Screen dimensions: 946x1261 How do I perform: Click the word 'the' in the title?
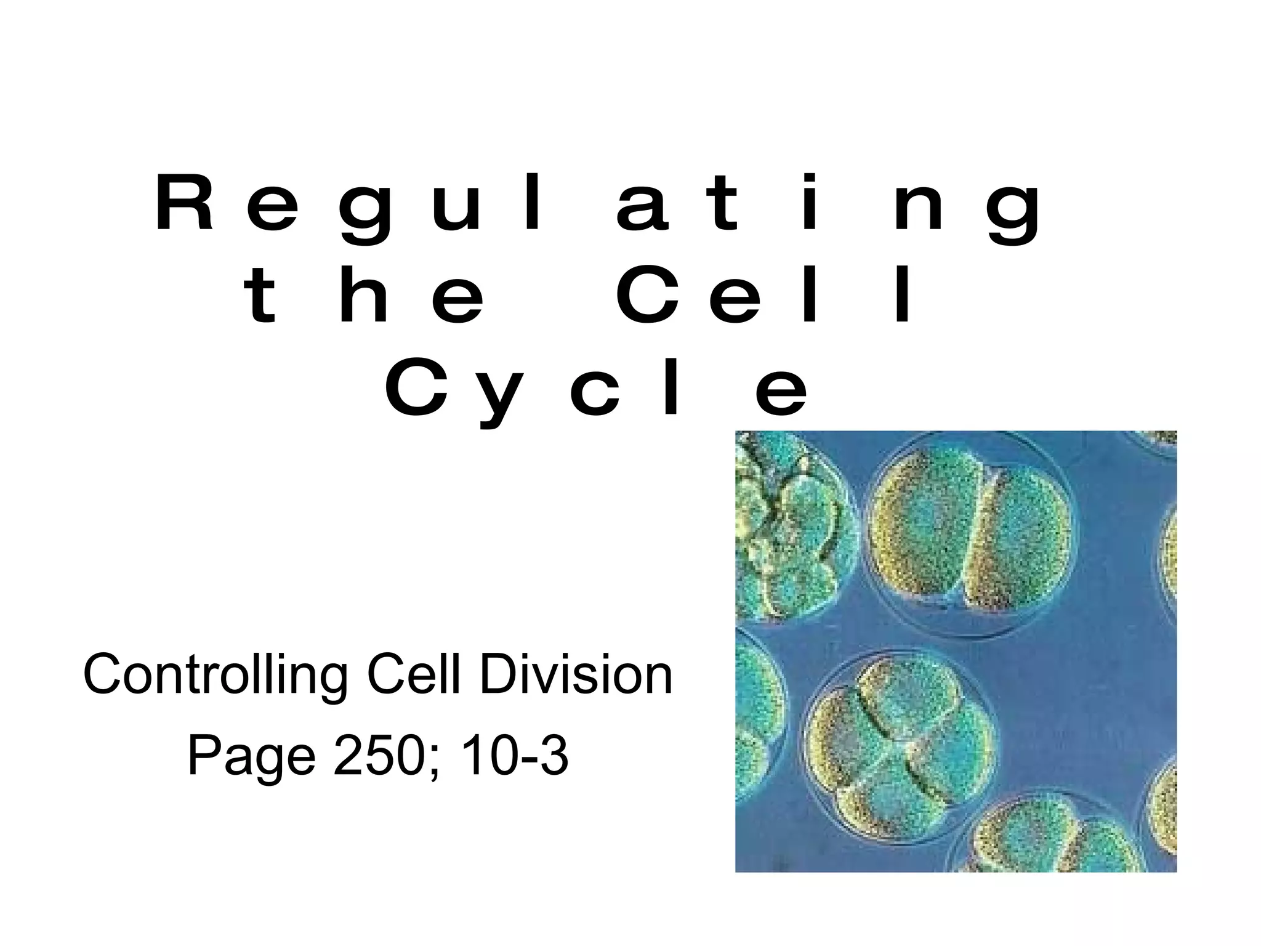point(365,295)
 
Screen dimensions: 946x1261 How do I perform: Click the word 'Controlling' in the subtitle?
point(216,676)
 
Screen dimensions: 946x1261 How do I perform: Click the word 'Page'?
point(251,757)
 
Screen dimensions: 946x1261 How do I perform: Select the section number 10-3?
point(514,756)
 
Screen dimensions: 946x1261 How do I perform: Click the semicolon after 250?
point(437,761)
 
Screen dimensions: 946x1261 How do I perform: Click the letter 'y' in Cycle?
point(500,395)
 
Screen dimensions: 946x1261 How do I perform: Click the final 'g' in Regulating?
point(1013,209)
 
